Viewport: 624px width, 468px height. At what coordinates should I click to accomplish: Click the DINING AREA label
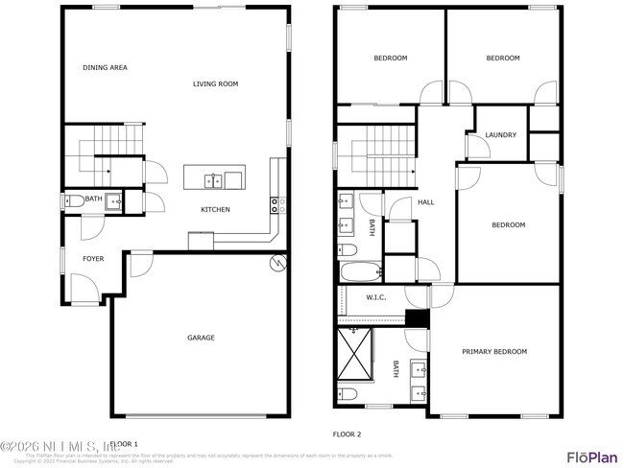click(105, 68)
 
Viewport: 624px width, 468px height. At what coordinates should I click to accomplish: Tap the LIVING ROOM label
click(215, 84)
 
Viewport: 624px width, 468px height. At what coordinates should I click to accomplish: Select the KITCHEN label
click(214, 210)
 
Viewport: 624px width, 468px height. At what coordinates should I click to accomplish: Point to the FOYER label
click(93, 259)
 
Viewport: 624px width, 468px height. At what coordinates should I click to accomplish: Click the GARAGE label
click(201, 338)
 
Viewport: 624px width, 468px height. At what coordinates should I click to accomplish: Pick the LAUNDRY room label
click(501, 135)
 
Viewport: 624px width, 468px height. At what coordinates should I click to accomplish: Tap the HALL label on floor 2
click(426, 202)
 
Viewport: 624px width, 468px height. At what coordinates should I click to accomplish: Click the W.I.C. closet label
click(376, 297)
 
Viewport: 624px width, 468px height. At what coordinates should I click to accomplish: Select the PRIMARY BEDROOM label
click(494, 352)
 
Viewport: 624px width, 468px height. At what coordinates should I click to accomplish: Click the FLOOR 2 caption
click(347, 434)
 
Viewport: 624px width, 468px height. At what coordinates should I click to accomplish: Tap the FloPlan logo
click(590, 456)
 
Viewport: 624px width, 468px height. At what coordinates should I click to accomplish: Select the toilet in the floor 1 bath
click(74, 201)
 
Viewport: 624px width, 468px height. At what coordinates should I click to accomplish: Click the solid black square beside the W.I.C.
click(416, 318)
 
